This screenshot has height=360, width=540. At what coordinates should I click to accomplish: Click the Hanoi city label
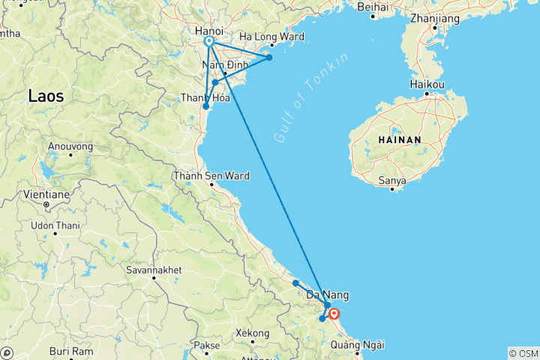click(x=208, y=31)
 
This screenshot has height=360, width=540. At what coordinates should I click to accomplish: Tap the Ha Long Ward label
click(x=271, y=36)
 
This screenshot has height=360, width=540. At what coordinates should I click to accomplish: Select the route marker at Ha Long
click(x=269, y=58)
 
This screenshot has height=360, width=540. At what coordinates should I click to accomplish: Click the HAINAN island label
click(x=399, y=140)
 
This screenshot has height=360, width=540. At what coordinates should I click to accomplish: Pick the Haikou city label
click(x=427, y=84)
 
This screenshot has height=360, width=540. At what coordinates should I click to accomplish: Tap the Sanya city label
click(x=392, y=180)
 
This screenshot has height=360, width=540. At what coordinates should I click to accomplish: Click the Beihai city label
click(x=373, y=7)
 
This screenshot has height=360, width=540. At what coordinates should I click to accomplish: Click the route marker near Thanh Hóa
click(x=205, y=106)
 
